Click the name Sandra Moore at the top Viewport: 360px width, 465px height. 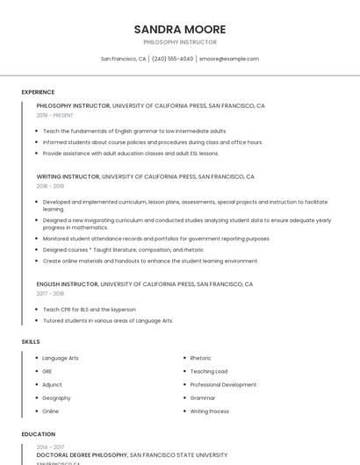click(179, 29)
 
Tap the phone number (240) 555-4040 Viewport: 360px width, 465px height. click(172, 59)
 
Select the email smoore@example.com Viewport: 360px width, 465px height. click(228, 59)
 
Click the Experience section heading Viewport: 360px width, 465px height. click(38, 92)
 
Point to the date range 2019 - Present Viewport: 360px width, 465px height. click(55, 115)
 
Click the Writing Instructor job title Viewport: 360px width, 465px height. click(68, 176)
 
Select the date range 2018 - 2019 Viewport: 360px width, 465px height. click(50, 186)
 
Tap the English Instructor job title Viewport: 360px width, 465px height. click(68, 284)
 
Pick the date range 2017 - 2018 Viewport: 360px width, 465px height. click(50, 294)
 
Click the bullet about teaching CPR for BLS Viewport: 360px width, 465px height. click(89, 310)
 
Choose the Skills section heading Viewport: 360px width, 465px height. click(31, 341)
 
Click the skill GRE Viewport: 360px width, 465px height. click(47, 371)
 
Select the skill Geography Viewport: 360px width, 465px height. click(56, 397)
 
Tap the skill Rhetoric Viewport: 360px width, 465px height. click(200, 358)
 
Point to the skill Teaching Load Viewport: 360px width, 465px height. click(208, 371)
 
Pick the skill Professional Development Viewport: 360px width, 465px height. click(223, 384)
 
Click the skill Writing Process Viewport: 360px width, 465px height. click(209, 411)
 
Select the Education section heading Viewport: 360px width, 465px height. click(38, 434)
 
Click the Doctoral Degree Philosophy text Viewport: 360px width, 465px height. click(83, 455)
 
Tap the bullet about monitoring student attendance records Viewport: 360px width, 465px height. click(155, 239)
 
